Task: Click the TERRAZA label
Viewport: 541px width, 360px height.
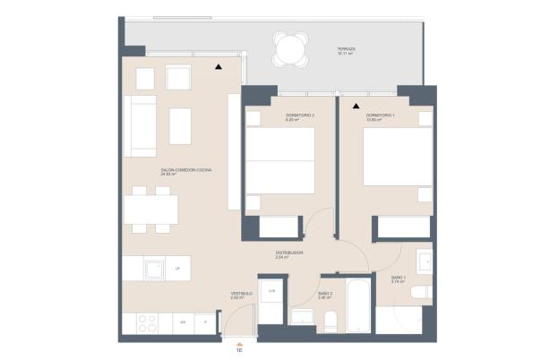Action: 346,50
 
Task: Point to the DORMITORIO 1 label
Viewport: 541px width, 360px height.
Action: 380,117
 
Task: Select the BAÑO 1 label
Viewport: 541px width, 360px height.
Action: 399,279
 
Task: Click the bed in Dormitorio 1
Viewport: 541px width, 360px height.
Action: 395,171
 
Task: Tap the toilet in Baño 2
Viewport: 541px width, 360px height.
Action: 329,320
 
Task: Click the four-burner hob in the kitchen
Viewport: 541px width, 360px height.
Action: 145,321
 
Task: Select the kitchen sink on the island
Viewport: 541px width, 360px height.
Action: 154,268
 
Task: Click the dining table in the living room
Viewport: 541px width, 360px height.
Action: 149,210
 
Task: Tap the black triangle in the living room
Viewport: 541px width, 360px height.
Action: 219,65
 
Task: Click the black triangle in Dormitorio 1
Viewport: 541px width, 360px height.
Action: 355,104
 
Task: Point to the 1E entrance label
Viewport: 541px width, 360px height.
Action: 238,352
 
